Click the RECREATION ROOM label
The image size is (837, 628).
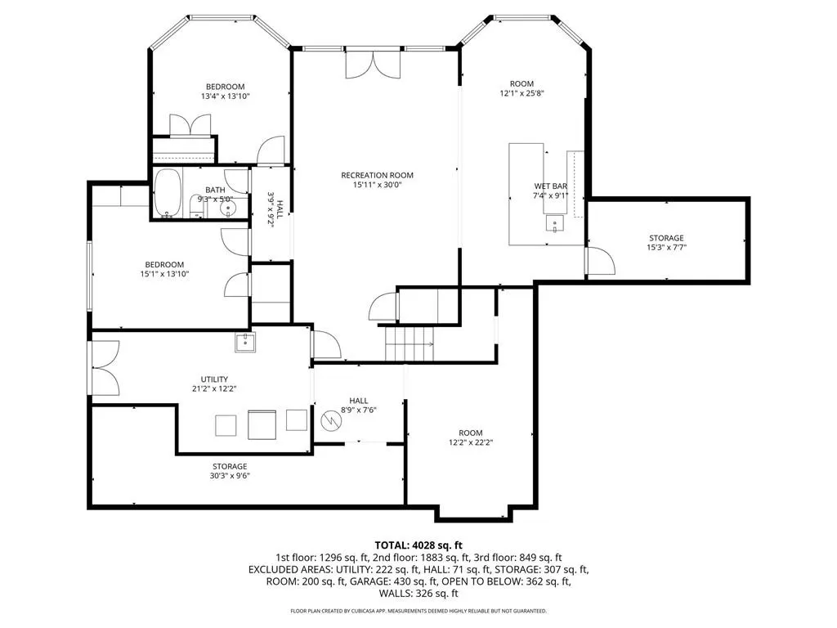378,175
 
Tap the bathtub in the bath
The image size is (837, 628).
168,193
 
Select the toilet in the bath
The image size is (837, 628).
197,207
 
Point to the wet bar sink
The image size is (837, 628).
555,222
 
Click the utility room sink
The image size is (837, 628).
245,342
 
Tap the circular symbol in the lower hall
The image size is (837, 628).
330,421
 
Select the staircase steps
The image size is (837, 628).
410,344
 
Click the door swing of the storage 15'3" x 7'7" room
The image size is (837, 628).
601,261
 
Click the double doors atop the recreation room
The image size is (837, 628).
373,64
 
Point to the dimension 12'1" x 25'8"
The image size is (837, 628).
521,93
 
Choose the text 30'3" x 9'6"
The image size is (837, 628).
230,476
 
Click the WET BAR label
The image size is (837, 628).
550,186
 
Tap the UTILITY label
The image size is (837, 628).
215,379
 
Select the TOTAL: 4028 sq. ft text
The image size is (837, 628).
418,545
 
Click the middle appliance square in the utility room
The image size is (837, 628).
262,424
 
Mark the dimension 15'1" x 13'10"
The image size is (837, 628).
164,274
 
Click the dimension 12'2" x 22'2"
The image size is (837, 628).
470,442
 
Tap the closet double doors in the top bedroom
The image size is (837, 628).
190,126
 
